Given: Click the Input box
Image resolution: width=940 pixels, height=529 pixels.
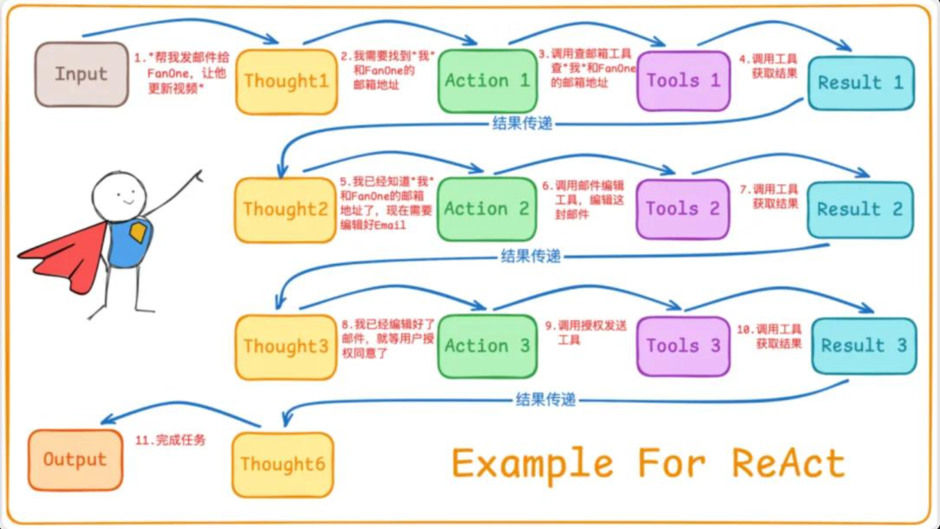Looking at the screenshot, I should click(x=81, y=74).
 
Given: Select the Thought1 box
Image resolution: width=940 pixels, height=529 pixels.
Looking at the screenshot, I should click(x=286, y=82).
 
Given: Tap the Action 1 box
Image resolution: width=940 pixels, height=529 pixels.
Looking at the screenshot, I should click(x=487, y=81).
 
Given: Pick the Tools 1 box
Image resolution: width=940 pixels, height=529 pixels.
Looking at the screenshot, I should click(x=683, y=81).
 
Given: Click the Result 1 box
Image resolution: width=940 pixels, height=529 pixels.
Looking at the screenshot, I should click(x=861, y=84).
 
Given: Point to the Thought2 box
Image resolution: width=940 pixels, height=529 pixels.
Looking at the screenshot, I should click(x=285, y=210).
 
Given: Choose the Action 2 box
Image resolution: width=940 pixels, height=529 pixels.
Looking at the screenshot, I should click(x=487, y=209).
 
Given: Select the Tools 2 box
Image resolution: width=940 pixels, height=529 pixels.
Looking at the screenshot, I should click(x=682, y=209).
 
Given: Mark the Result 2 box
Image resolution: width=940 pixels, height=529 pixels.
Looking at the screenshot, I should click(x=860, y=210).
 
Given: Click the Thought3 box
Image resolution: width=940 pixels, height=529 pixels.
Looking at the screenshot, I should click(x=286, y=346).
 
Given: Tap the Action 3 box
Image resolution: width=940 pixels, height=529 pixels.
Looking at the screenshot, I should click(x=487, y=345).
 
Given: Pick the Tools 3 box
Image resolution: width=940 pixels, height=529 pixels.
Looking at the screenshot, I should click(x=683, y=345).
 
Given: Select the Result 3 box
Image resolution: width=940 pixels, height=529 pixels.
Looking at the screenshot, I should click(x=863, y=345).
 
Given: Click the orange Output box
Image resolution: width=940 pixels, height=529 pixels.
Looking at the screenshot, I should click(x=75, y=460).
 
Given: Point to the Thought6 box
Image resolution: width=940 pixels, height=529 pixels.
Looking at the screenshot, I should click(x=283, y=465).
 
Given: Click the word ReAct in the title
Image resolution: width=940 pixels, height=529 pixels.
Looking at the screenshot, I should click(x=788, y=463).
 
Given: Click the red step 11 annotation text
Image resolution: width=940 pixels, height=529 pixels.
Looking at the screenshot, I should click(x=171, y=440).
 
